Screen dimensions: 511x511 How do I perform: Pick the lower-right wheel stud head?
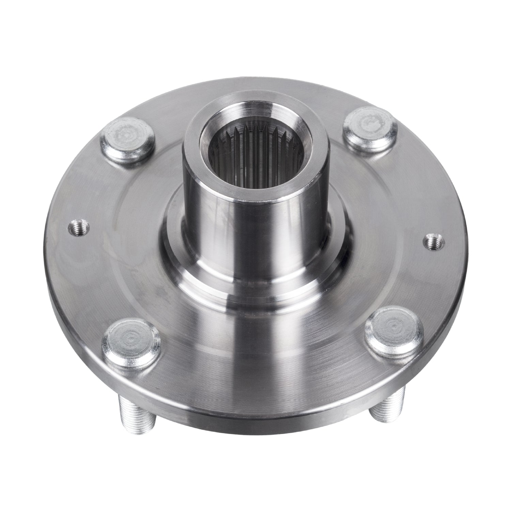(x=394, y=336)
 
